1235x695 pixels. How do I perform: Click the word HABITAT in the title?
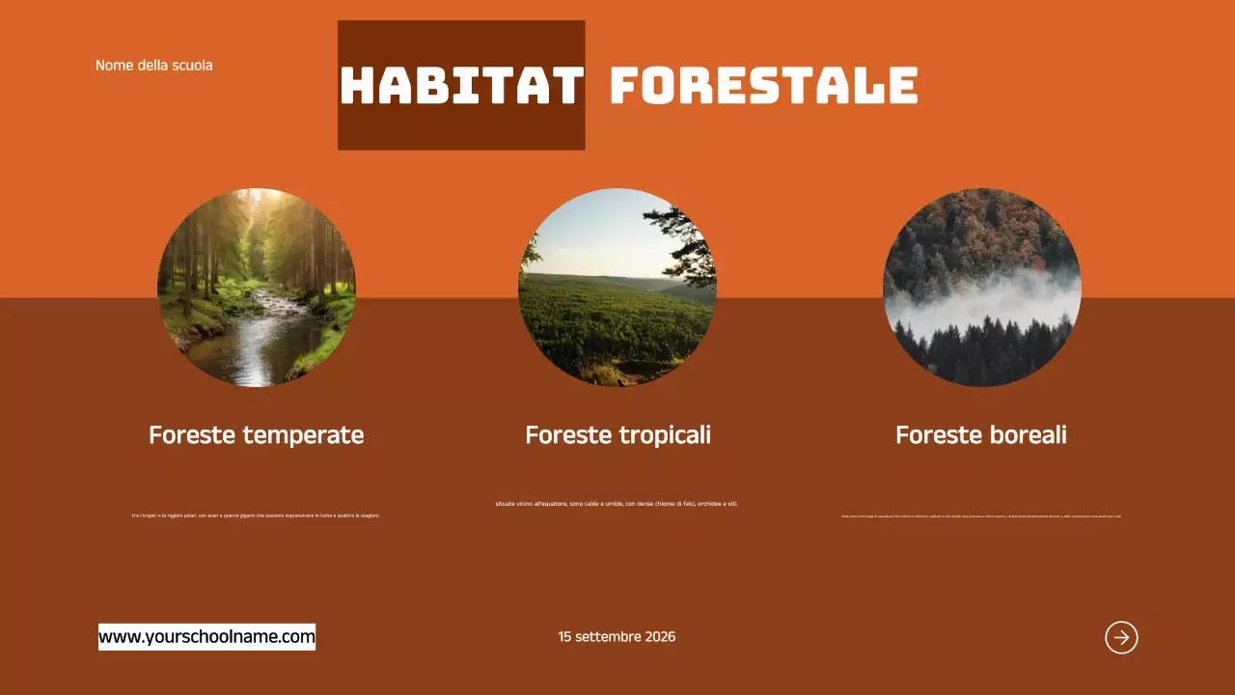[x=461, y=86]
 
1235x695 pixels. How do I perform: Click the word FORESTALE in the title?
[x=763, y=86]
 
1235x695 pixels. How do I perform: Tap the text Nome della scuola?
[x=153, y=66]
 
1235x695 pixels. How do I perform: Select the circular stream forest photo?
[x=257, y=288]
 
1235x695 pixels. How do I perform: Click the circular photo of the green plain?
[x=617, y=288]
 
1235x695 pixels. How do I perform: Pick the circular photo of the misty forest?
[x=981, y=288]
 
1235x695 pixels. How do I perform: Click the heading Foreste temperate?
[x=256, y=435]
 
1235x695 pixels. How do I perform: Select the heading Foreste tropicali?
[x=617, y=435]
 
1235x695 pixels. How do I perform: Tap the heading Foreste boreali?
[x=980, y=435]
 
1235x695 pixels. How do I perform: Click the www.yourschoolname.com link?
[x=206, y=637]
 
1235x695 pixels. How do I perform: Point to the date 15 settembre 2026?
[x=617, y=637]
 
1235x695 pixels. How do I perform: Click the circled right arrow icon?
[x=1121, y=637]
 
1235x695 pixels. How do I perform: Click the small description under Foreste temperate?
[x=256, y=515]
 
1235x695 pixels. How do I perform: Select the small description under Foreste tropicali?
[x=617, y=503]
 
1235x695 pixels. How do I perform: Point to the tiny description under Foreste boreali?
[x=980, y=515]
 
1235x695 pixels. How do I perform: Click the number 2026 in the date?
[x=660, y=637]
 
